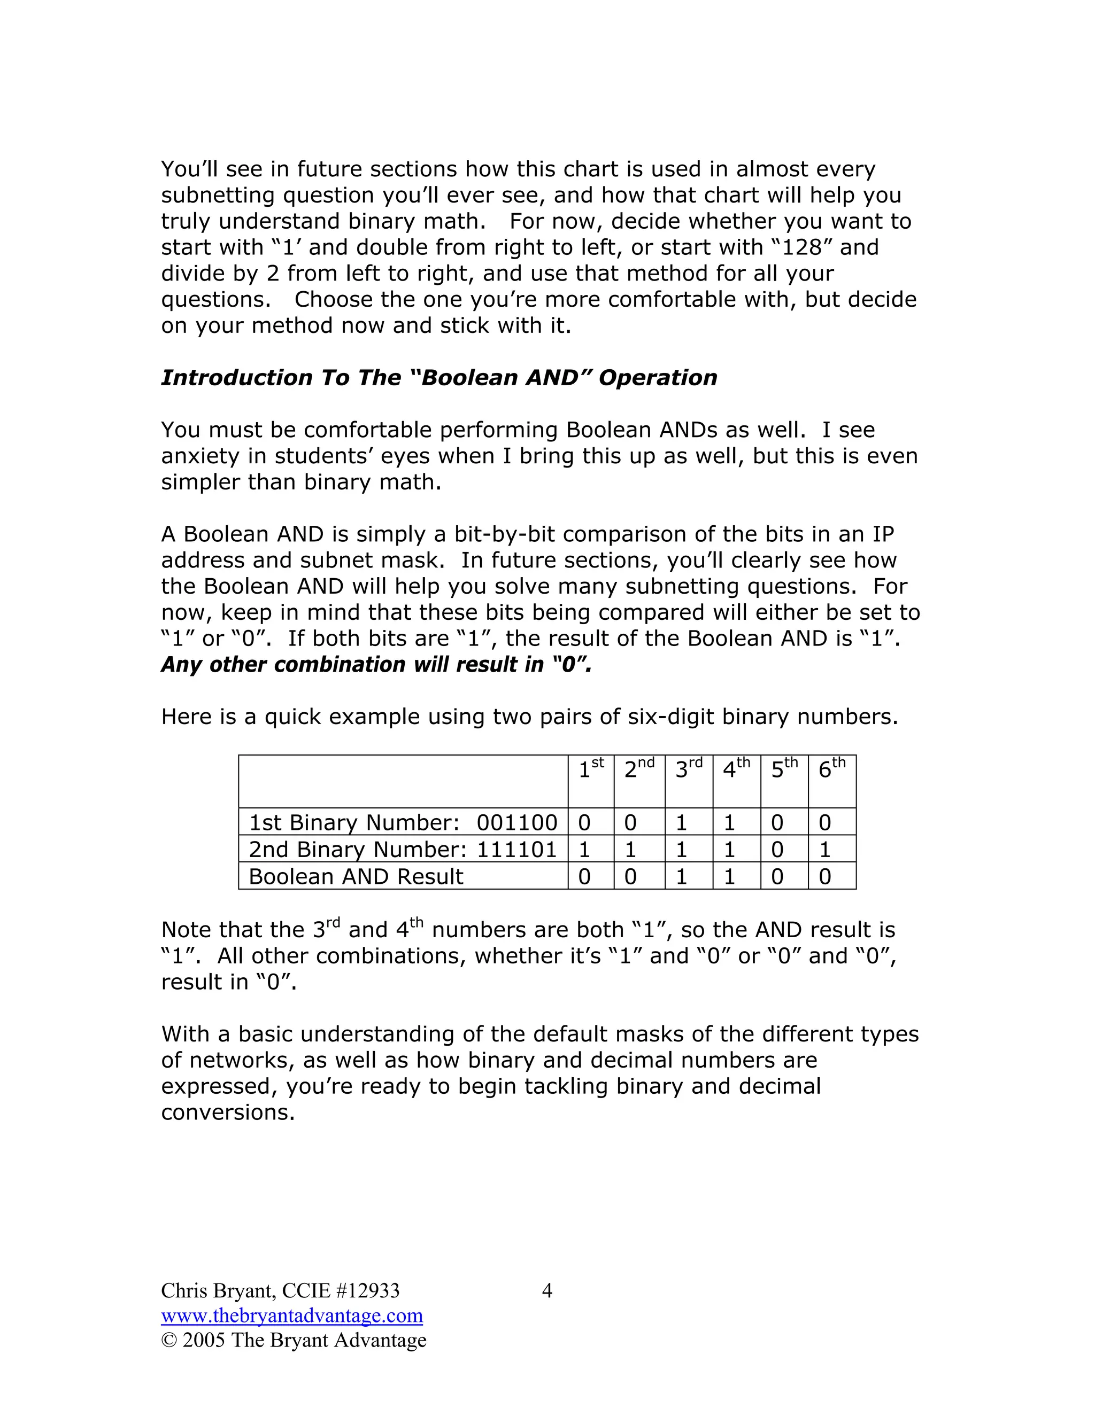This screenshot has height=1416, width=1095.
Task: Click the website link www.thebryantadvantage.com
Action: (292, 1316)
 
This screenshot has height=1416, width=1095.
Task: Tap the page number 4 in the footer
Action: (547, 1291)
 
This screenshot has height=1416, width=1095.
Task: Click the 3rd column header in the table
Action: (688, 769)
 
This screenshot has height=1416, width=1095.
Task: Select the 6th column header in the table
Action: (831, 769)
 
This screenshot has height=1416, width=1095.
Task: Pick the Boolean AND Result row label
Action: (356, 876)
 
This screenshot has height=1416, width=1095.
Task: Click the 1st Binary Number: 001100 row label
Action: (402, 823)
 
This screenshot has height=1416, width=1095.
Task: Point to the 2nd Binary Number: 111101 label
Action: (402, 850)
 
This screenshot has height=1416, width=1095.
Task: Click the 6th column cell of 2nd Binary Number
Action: (825, 850)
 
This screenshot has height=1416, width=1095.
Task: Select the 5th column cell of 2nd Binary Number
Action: (777, 850)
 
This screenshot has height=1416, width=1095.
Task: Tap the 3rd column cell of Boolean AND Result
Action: (681, 876)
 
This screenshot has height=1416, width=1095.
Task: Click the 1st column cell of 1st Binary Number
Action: (584, 823)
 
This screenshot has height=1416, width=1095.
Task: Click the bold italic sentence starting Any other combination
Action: (376, 665)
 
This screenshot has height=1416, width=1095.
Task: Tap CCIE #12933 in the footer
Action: (341, 1291)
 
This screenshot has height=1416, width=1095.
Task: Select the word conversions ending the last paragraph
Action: (227, 1112)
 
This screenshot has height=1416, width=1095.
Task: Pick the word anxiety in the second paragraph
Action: (201, 456)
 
